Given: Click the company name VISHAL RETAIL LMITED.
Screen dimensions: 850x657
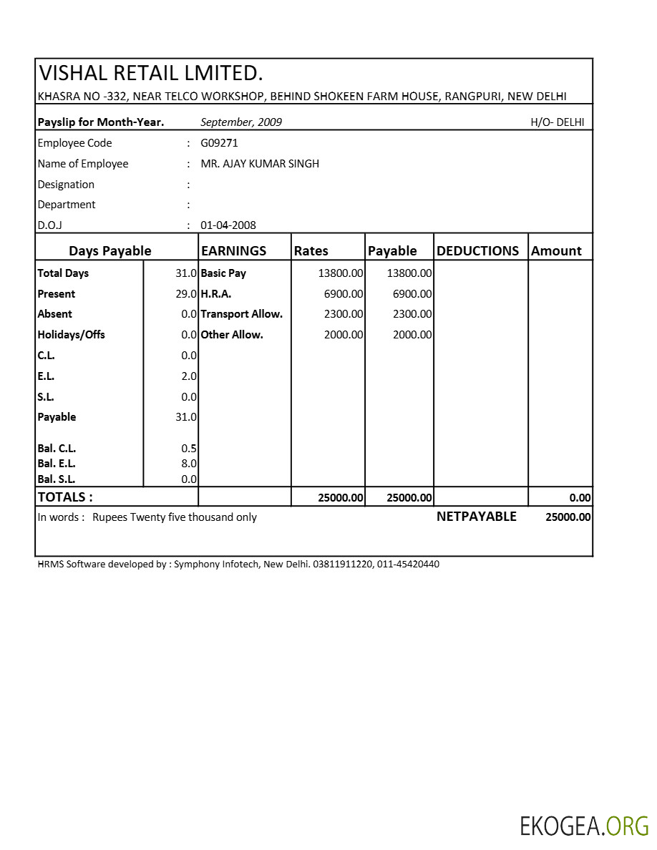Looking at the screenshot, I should point(151,73).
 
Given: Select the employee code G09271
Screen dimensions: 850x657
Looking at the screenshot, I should point(219,143).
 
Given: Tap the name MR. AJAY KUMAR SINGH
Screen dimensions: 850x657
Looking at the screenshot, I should point(260,164).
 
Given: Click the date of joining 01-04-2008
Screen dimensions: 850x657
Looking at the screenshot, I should point(228,225).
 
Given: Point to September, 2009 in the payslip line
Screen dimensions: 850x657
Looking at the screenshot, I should point(241,122).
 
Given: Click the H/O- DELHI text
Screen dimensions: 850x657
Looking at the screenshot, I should point(557,122).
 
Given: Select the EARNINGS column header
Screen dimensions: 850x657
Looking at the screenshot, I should point(234,251).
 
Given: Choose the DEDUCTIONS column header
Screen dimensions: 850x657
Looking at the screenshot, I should point(477,251).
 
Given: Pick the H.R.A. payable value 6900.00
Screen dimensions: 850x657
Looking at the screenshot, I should point(412,294).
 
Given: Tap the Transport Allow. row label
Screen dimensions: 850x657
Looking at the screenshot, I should point(242,314).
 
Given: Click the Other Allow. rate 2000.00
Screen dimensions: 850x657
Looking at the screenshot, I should point(344,335).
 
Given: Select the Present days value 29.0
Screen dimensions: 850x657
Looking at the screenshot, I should point(186,294).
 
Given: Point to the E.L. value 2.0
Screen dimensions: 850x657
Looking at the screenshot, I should point(189,376).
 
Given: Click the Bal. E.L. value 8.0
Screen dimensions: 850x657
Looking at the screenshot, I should point(189,464).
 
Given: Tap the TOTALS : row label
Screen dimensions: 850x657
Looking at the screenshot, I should point(65,497).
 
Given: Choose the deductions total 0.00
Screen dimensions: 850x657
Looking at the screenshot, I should point(580,498).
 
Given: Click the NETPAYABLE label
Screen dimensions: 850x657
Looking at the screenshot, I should point(476,517).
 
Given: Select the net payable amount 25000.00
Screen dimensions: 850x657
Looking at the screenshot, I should point(568,517).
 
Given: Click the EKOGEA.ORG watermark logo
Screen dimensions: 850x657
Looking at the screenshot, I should point(584,826).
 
